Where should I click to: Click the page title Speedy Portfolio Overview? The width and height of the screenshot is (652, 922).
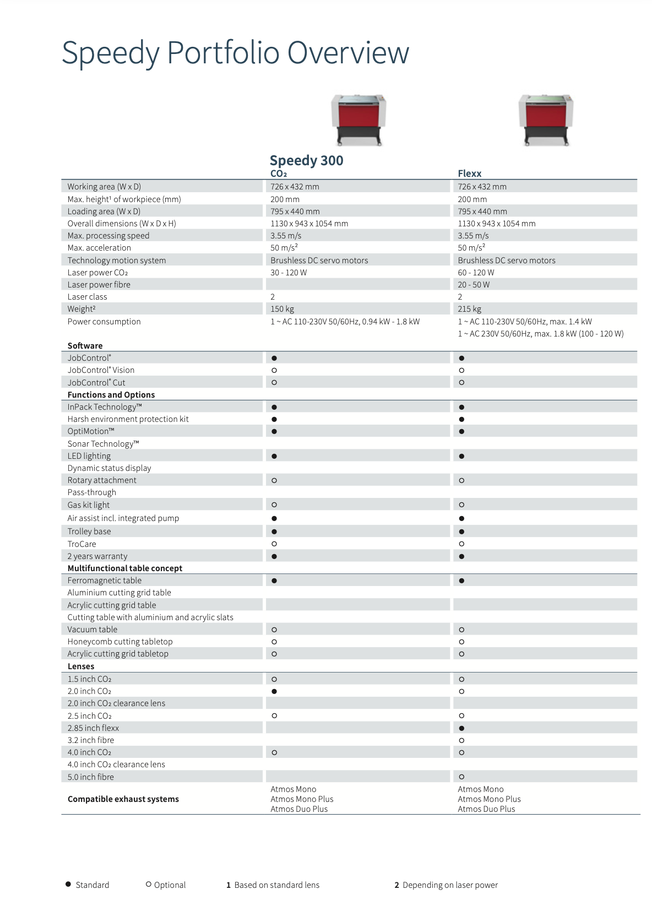click(x=235, y=53)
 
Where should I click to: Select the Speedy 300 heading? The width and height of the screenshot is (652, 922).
click(x=306, y=160)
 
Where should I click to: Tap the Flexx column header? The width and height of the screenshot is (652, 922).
click(x=469, y=173)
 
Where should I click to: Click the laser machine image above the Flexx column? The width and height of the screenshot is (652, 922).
click(x=546, y=120)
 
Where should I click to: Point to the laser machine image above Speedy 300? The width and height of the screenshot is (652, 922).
click(x=358, y=120)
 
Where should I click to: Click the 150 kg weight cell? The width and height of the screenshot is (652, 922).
click(x=282, y=309)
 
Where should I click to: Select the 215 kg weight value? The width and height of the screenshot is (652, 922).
click(x=470, y=309)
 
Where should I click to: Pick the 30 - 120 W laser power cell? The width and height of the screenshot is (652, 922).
click(x=289, y=273)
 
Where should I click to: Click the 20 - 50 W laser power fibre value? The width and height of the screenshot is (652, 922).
click(x=474, y=285)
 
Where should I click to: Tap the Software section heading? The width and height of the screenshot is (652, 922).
click(x=85, y=346)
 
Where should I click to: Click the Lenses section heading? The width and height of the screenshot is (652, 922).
click(x=81, y=666)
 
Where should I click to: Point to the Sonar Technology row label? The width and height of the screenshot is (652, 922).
click(x=103, y=444)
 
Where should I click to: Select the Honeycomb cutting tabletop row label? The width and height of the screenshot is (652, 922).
click(x=120, y=642)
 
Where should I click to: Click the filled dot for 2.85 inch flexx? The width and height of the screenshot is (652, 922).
click(x=461, y=728)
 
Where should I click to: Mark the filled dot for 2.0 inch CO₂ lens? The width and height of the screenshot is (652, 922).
click(x=274, y=691)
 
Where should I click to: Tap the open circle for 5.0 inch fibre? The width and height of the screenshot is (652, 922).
click(x=461, y=777)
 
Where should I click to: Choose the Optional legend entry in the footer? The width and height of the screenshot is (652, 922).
click(x=166, y=885)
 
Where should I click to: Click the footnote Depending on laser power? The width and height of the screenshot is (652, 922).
click(x=449, y=885)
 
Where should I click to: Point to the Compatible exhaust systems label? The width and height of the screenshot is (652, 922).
click(x=123, y=799)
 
